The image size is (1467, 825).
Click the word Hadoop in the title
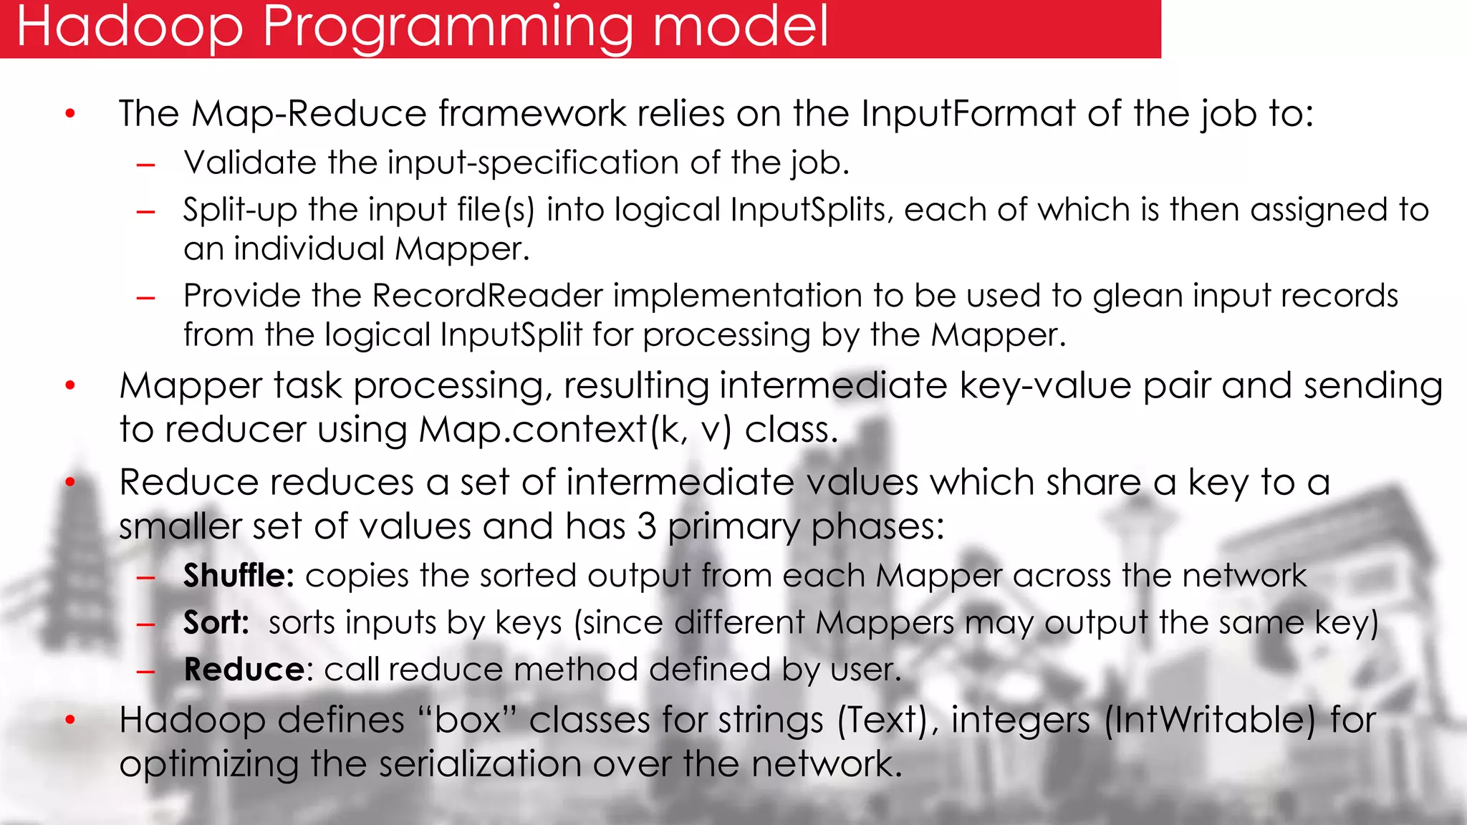click(x=130, y=26)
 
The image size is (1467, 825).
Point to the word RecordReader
click(x=488, y=296)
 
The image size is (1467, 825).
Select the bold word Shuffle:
click(x=239, y=575)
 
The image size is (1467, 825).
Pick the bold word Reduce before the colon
click(x=244, y=670)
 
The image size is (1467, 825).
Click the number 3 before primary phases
click(x=647, y=526)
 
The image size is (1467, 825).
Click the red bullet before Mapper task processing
click(x=70, y=386)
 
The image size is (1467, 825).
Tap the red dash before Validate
click(x=146, y=165)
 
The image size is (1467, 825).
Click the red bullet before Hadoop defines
click(x=70, y=720)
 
